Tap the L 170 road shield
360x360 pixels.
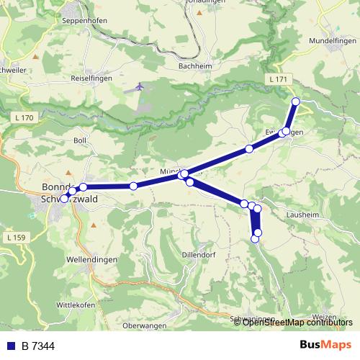(x=23, y=117)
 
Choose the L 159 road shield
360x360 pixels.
(x=16, y=237)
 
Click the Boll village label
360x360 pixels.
(x=79, y=140)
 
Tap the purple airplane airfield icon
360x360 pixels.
(x=140, y=87)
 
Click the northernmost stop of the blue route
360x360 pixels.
(x=296, y=101)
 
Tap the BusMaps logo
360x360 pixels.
(x=325, y=345)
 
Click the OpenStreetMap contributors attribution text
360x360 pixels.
(x=297, y=322)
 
